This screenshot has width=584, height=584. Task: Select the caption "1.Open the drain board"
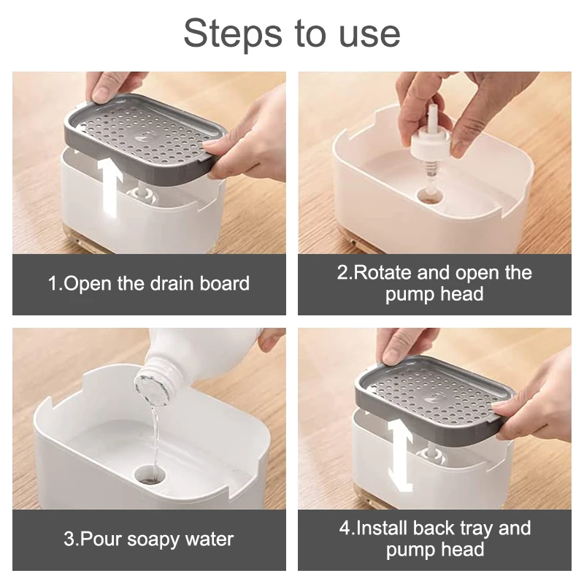click(x=149, y=284)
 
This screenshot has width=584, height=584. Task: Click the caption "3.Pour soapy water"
click(x=149, y=539)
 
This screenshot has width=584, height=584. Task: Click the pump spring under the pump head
click(x=429, y=172)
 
